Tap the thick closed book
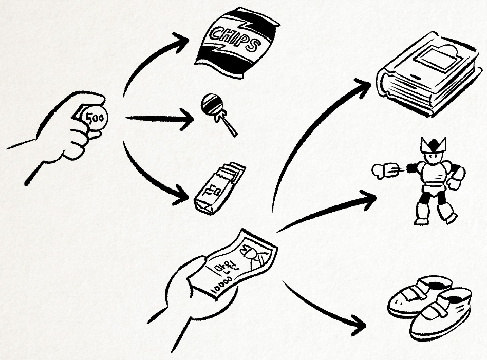(x=426, y=77)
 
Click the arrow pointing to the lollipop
(x=159, y=119)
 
